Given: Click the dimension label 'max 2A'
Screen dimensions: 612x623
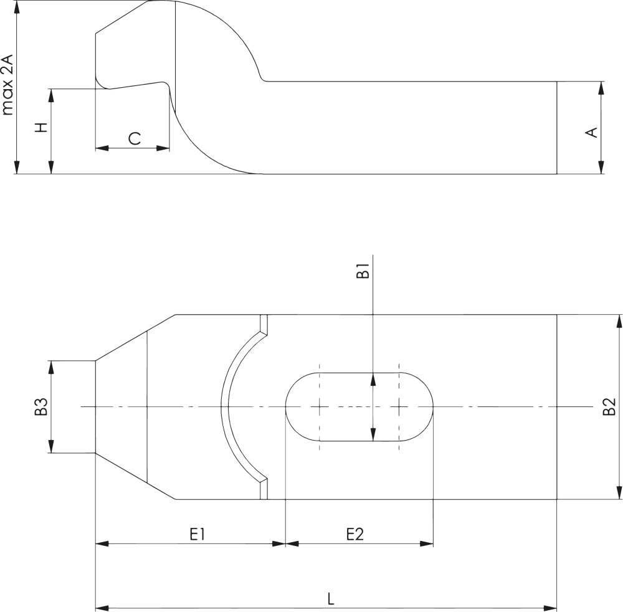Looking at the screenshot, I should click(7, 85).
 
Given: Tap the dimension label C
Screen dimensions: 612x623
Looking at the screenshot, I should click(135, 138).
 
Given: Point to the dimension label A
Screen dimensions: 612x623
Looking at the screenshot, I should click(592, 131).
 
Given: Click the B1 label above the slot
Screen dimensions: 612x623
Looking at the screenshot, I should click(363, 272).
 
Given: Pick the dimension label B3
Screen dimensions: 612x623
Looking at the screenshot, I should click(42, 406).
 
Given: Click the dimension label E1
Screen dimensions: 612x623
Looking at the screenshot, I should click(198, 534).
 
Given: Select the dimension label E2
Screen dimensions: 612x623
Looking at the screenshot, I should click(354, 534).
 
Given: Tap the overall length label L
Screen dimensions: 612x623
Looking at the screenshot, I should click(331, 599).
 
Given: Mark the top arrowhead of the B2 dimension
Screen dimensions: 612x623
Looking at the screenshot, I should click(619, 321).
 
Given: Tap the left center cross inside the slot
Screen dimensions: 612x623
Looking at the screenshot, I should click(319, 407).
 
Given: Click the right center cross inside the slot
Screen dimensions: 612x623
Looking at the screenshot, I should click(399, 407).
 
